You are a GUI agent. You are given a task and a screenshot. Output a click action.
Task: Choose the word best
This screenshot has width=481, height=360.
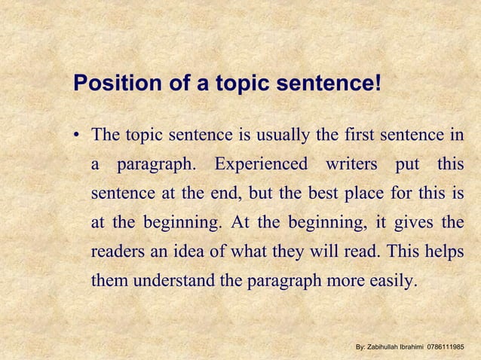(x=320, y=193)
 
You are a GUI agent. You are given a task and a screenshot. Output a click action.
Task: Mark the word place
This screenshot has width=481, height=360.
(x=362, y=193)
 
